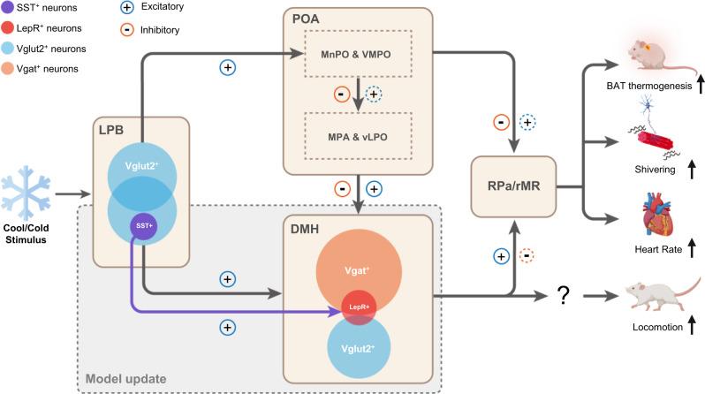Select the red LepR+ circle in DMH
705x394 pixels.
[x=358, y=306]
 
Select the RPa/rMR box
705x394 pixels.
[x=512, y=186]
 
